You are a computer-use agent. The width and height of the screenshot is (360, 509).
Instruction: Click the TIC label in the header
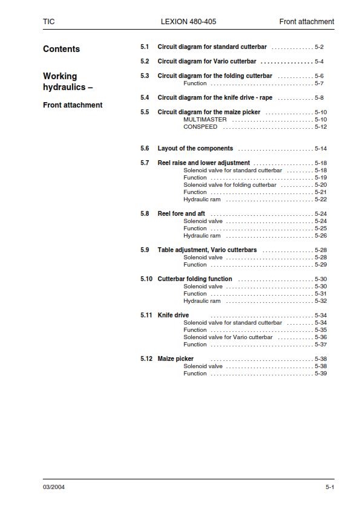pos(48,22)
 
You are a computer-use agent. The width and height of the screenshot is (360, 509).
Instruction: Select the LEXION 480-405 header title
pos(188,22)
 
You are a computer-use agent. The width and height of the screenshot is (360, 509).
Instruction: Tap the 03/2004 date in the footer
pos(54,487)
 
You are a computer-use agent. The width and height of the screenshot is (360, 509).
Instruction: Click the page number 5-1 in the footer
pos(330,487)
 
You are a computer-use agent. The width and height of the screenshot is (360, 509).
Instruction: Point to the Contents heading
pos(61,49)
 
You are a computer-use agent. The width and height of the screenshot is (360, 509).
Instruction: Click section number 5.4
pos(145,98)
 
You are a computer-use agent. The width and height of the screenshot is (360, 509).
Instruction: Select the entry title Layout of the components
pos(195,149)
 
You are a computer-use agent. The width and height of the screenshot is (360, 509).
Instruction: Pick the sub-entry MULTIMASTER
pos(205,120)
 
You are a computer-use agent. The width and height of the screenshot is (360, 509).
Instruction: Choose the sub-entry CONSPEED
pos(200,127)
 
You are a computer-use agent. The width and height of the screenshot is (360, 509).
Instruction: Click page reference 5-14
pos(321,149)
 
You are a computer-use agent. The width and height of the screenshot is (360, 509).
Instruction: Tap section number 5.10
pos(146,279)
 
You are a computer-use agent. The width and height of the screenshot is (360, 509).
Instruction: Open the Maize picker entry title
pos(175,359)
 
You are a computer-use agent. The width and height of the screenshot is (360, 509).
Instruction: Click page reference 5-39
pos(321,374)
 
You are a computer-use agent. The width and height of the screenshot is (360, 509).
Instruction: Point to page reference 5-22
pos(321,199)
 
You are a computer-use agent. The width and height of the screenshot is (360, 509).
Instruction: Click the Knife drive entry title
pos(173,316)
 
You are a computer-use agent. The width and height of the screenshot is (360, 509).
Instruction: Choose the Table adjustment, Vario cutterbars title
pos(207,250)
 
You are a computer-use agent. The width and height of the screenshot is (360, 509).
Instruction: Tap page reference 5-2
pos(319,47)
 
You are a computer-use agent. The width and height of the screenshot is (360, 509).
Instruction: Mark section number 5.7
pos(145,163)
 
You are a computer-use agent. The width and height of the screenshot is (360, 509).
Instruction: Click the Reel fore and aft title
pos(181,214)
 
